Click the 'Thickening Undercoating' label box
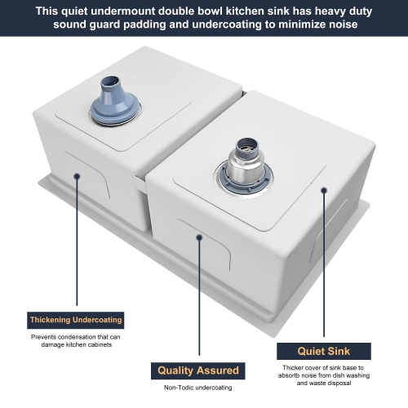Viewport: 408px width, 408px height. point(76,320)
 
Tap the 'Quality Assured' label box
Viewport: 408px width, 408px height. point(198,370)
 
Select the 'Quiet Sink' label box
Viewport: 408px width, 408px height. point(324,351)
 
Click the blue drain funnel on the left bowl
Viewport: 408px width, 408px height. point(115,101)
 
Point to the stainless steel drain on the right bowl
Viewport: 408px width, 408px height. point(244,166)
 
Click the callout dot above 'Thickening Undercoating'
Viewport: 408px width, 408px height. point(77,176)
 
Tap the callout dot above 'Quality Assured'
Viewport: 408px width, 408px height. point(199,237)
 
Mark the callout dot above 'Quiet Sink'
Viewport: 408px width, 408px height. point(324,190)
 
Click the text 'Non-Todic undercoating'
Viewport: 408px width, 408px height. point(198,388)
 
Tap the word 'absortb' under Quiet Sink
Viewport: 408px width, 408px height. point(289,375)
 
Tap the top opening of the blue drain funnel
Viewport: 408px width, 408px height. point(110,81)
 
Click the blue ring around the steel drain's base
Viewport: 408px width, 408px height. point(244,181)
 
